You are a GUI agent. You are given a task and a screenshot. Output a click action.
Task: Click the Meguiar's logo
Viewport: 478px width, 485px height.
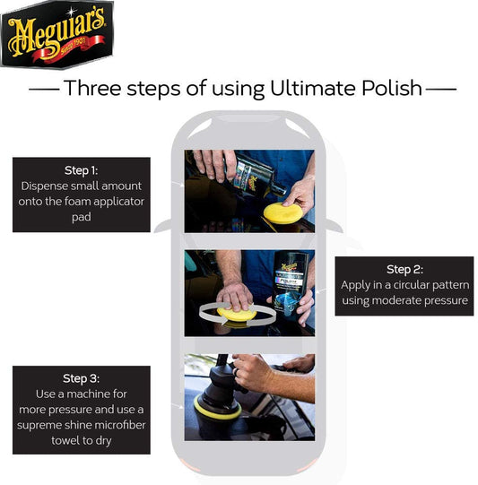click(57, 34)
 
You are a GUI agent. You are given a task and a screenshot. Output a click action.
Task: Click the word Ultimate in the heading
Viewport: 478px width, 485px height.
click(313, 88)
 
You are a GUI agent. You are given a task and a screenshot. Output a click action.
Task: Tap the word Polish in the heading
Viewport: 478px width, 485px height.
click(392, 88)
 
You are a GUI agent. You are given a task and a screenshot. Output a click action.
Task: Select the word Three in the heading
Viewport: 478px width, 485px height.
click(92, 88)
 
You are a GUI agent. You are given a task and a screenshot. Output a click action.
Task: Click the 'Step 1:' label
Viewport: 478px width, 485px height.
click(81, 170)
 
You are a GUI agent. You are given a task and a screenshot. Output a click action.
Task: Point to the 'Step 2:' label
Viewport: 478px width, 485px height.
click(404, 270)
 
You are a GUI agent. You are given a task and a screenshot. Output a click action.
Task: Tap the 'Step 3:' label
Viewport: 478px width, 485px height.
click(81, 378)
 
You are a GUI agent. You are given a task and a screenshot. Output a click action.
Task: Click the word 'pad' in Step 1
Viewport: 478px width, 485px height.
click(82, 217)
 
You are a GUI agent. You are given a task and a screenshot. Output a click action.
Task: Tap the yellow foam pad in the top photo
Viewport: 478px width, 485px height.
click(282, 213)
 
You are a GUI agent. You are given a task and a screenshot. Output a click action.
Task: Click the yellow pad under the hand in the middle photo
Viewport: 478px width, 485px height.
click(237, 314)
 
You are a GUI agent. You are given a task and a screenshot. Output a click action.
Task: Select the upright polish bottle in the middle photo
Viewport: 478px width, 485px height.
click(290, 282)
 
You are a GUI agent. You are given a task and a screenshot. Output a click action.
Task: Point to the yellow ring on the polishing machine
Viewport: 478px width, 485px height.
click(216, 409)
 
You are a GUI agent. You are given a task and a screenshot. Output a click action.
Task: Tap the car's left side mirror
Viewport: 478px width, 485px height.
click(162, 226)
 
